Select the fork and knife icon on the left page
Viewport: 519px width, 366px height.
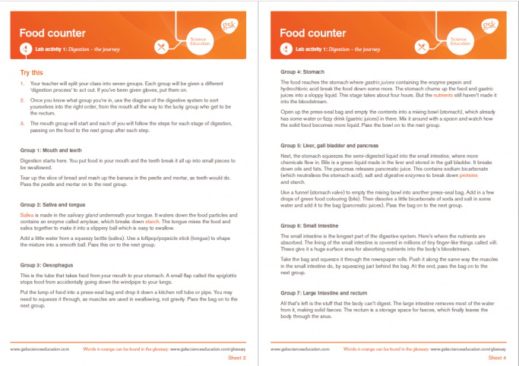[162, 47]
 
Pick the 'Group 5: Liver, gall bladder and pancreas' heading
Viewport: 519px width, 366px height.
[330, 144]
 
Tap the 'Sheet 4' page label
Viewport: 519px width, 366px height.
[498, 357]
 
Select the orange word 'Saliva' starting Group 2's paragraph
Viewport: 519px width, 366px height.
[27, 215]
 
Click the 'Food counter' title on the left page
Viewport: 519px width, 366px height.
[51, 33]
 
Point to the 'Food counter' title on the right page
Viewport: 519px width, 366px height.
[312, 33]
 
